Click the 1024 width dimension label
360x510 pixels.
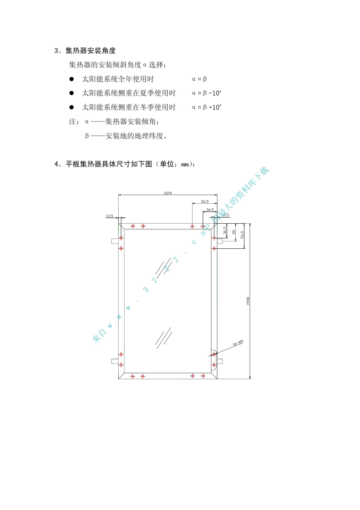coord(167,193)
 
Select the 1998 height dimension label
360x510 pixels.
coord(248,301)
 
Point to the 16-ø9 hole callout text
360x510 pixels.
coord(238,343)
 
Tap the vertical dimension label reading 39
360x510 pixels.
coord(234,232)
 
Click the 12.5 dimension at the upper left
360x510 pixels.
coord(109,216)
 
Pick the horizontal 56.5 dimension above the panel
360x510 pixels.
coord(205,202)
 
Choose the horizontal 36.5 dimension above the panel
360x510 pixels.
coord(210,210)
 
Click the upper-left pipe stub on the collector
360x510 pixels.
coord(115,241)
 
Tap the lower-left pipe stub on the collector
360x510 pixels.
coord(115,361)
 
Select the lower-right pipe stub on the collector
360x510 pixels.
coord(219,361)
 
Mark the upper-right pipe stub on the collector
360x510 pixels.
coord(220,240)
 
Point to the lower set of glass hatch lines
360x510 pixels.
coord(163,338)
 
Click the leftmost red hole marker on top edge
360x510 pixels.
coord(133,226)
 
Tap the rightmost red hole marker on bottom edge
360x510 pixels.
coord(203,376)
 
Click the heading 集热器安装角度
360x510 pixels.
coord(91,51)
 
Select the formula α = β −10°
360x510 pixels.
coord(207,93)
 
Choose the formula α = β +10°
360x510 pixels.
coord(207,107)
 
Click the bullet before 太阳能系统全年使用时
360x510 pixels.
coord(71,79)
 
